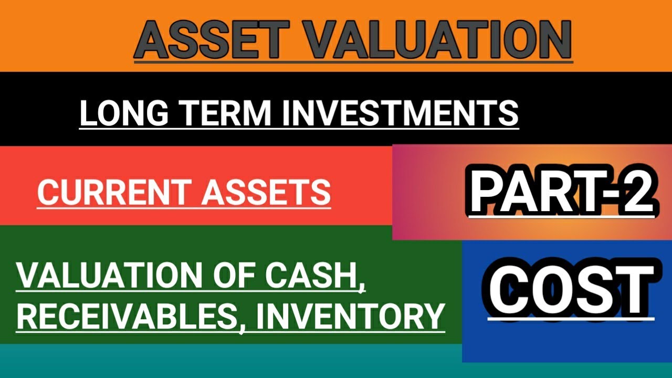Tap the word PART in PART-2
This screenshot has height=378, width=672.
[530, 193]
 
